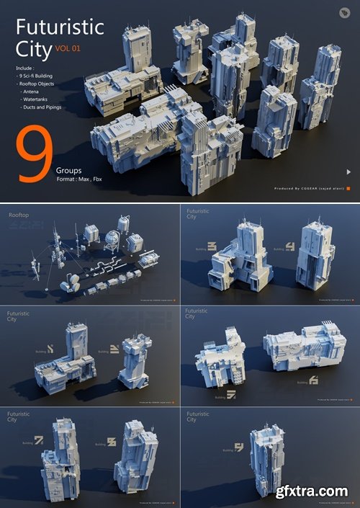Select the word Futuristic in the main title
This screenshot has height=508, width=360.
coord(60,28)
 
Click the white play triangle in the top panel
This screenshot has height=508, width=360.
coord(349,171)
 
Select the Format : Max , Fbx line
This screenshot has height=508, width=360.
coord(79,179)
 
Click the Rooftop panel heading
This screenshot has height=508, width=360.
coord(19,215)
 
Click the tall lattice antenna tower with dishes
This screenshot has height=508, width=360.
coord(55,245)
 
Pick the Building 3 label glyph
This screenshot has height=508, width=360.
coord(212,246)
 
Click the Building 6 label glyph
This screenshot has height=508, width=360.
coord(313,380)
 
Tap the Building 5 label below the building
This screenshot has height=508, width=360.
coord(230,394)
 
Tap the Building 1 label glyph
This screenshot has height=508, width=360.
coord(50,349)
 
